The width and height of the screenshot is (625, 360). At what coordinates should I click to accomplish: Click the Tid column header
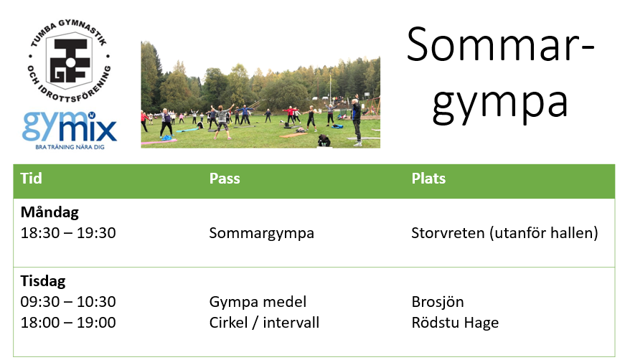click(x=31, y=178)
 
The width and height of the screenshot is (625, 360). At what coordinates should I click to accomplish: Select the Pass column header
click(x=225, y=178)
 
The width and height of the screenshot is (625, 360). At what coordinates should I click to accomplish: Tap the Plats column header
click(x=428, y=178)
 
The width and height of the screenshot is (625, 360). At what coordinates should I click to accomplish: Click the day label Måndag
click(x=50, y=212)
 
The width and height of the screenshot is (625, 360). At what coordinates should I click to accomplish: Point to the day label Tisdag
click(x=42, y=281)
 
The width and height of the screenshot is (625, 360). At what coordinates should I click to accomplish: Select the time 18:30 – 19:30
click(x=68, y=233)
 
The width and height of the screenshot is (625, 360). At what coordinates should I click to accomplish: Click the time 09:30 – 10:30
click(x=68, y=302)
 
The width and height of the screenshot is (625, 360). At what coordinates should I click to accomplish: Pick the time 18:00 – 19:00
click(x=68, y=323)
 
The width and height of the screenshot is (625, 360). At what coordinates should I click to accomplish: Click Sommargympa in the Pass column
click(x=261, y=234)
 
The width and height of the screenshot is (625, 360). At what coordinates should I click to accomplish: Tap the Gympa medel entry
click(x=258, y=302)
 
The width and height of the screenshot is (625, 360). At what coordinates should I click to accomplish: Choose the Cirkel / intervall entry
click(x=264, y=323)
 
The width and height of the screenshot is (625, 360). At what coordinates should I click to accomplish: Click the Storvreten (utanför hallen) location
click(x=504, y=233)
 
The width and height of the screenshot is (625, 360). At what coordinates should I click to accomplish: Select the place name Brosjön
click(x=438, y=302)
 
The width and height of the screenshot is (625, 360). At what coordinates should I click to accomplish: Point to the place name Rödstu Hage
click(x=455, y=323)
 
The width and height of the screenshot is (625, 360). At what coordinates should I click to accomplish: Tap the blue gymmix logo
click(x=70, y=126)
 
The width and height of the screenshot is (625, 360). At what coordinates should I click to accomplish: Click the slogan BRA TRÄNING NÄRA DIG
click(x=70, y=147)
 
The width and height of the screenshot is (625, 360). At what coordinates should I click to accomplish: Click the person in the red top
click(x=291, y=115)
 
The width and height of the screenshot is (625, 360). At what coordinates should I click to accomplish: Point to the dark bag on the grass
click(x=324, y=140)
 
